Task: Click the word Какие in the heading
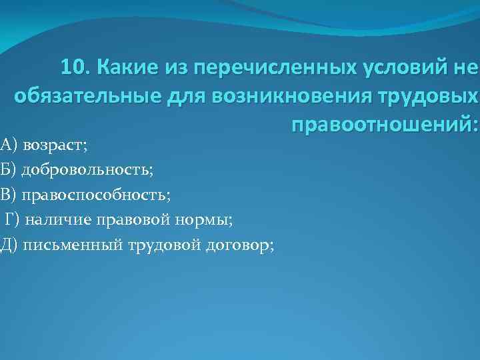click(x=124, y=67)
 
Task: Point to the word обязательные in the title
click(x=83, y=97)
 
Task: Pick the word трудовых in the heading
click(x=434, y=97)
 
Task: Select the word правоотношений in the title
click(x=381, y=125)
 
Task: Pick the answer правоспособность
click(x=96, y=194)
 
